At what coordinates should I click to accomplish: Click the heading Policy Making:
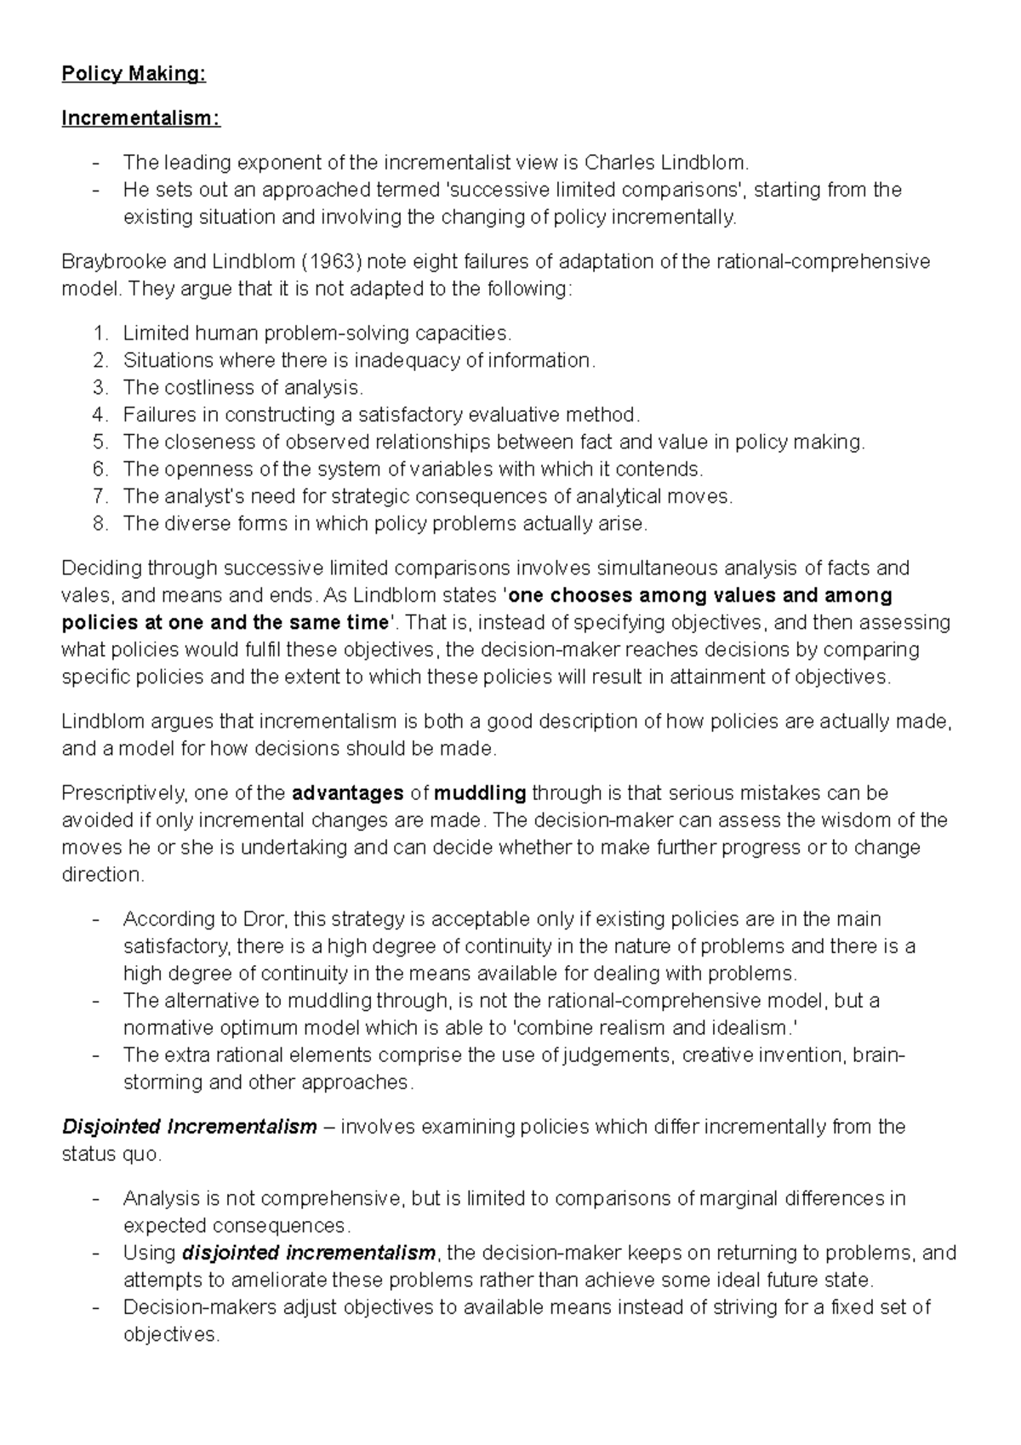(133, 74)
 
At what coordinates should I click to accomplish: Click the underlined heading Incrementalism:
(140, 118)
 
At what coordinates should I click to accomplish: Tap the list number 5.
(101, 442)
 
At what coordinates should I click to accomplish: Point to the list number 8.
(101, 523)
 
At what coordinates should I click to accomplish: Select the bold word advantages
(347, 793)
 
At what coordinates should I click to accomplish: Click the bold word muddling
(480, 793)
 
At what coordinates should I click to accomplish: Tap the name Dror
(267, 919)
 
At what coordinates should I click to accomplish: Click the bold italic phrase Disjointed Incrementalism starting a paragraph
(189, 1127)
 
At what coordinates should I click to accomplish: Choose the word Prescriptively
(124, 793)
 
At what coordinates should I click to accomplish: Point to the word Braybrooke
(112, 261)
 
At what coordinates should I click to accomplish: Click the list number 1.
(101, 333)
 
